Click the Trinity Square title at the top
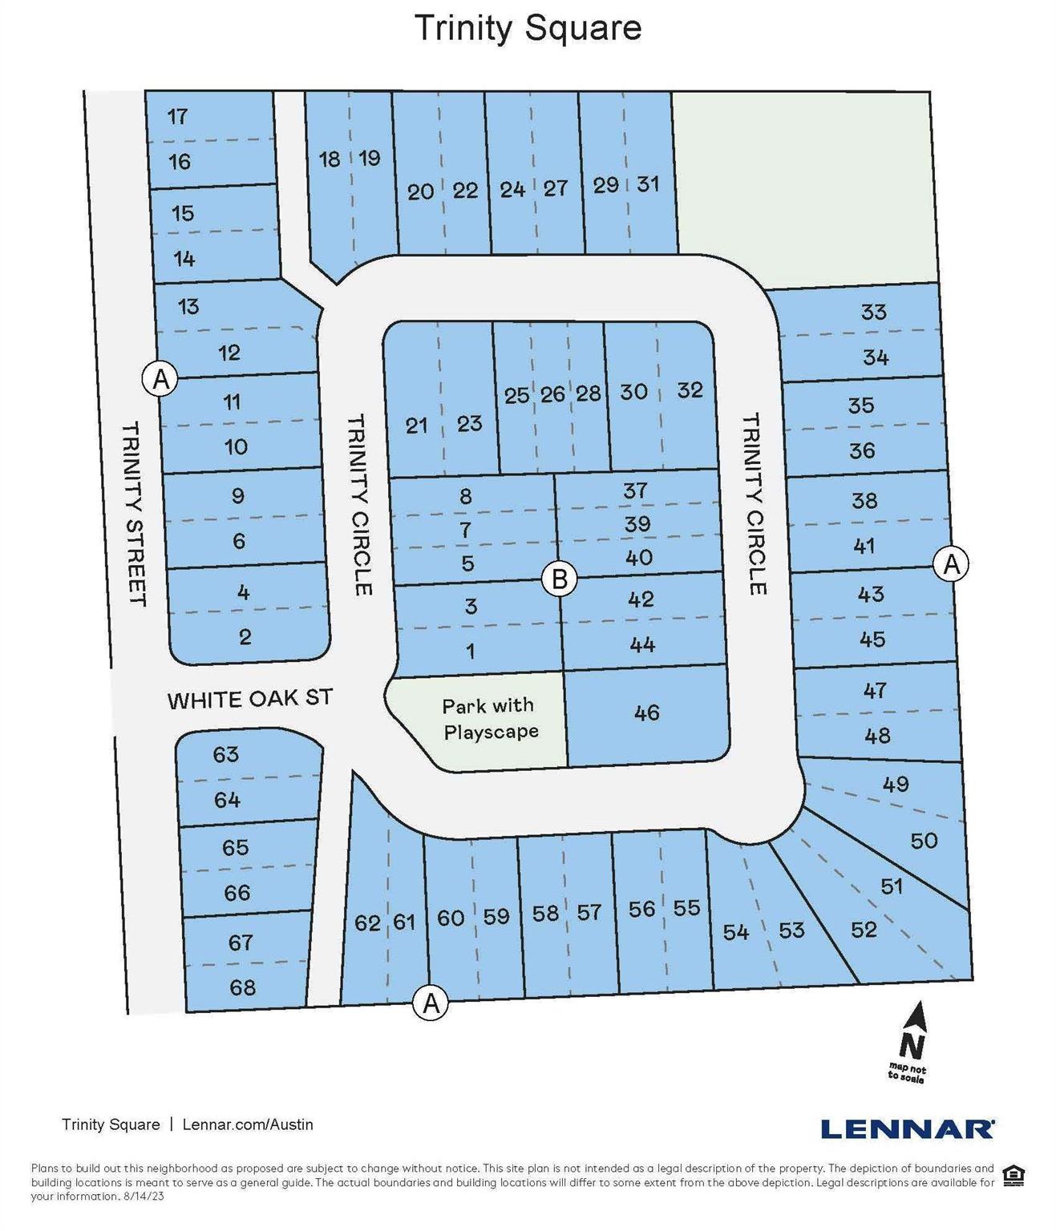(528, 28)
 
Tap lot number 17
(177, 116)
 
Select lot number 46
(646, 712)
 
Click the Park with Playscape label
(489, 719)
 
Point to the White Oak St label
(249, 699)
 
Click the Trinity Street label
(134, 514)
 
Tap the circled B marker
(560, 578)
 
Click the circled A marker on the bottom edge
(431, 1002)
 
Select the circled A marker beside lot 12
(160, 377)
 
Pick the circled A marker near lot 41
(951, 564)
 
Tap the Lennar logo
(907, 1128)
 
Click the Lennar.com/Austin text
(248, 1124)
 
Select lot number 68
(242, 987)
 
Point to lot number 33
(873, 311)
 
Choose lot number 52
(864, 930)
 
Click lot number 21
(416, 425)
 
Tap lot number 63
(226, 754)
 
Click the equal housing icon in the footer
(1014, 1176)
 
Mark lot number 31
(648, 184)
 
